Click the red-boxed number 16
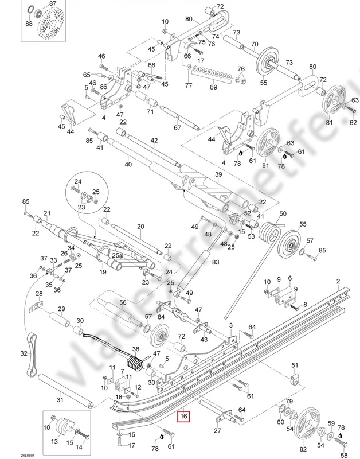pos(183,416)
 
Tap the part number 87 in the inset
pos(53,4)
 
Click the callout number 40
pos(127,165)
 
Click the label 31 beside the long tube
pos(61,400)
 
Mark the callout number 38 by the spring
pos(136,349)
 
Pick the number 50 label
pos(283,213)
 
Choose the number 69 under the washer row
pos(213,87)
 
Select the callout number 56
pos(122,302)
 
